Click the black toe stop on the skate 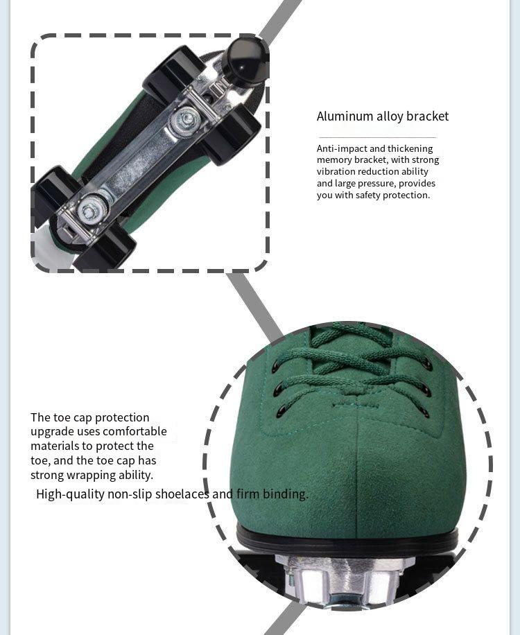tap(244, 62)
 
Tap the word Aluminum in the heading tap(345, 116)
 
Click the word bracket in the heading tap(427, 116)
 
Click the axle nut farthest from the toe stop tap(90, 211)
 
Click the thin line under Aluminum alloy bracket tap(377, 138)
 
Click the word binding tap(286, 494)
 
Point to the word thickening tap(410, 148)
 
